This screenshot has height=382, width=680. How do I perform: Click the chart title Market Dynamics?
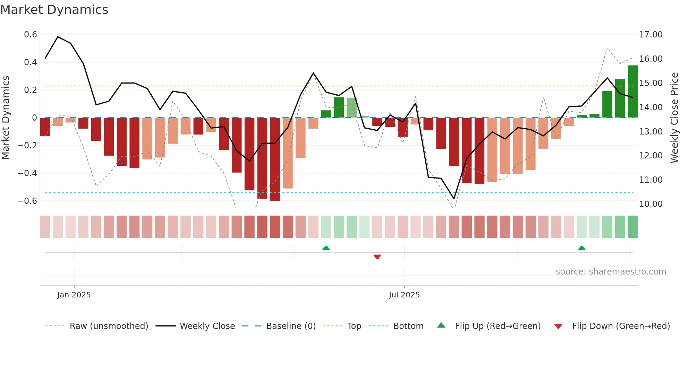(54, 10)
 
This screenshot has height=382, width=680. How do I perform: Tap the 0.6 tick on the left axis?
(31, 35)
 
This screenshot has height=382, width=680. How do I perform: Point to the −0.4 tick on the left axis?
(27, 173)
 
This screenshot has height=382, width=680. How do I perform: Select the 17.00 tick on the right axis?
(651, 35)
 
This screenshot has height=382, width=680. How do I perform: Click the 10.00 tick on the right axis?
(651, 204)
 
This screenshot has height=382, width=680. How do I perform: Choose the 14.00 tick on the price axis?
(651, 107)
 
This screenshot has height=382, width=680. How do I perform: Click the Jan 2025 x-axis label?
(74, 295)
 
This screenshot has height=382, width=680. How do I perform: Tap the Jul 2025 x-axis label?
(404, 295)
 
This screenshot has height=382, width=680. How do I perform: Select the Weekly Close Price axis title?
(674, 118)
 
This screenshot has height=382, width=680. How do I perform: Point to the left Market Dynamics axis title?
(6, 118)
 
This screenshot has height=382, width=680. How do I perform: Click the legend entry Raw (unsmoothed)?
(109, 326)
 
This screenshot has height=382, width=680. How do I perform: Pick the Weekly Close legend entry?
(207, 326)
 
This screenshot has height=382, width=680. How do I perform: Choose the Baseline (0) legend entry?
(291, 326)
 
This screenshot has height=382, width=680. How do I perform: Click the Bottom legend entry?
(408, 326)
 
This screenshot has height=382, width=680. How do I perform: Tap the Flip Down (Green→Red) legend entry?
(621, 326)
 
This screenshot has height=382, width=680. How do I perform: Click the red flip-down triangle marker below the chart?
(377, 257)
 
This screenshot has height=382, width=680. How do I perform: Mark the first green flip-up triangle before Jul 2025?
(326, 248)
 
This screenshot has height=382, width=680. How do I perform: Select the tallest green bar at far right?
(632, 92)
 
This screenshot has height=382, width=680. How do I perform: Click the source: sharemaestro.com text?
(611, 271)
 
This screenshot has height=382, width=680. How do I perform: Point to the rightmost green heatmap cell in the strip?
(632, 227)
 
